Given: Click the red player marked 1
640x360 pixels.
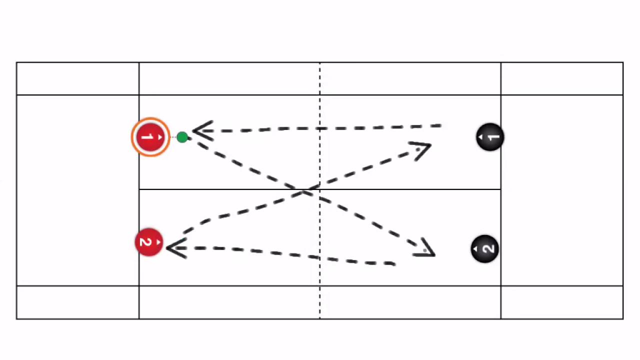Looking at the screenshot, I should [150, 137].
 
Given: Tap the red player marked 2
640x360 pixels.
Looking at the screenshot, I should [148, 242].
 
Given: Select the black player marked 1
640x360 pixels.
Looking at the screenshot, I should [490, 137].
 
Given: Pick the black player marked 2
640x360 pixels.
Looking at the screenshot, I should [484, 248].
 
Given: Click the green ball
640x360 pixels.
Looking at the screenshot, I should [182, 137].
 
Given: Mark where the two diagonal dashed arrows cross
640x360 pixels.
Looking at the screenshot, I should [306, 190].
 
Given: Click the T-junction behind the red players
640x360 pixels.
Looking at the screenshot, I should [139, 189].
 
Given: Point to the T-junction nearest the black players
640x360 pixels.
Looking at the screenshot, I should [501, 189].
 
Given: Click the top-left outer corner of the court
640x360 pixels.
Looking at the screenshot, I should [16, 62].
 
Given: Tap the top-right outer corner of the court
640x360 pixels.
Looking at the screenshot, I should [623, 62].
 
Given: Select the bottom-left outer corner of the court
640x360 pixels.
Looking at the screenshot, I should [16, 319].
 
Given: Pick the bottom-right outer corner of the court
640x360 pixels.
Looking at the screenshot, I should [623, 319].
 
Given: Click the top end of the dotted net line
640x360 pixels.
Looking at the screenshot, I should [320, 63].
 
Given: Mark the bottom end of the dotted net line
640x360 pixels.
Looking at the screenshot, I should [320, 318].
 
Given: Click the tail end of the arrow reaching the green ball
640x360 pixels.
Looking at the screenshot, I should [441, 126].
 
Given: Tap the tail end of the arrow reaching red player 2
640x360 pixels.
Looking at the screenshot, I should [396, 263].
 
